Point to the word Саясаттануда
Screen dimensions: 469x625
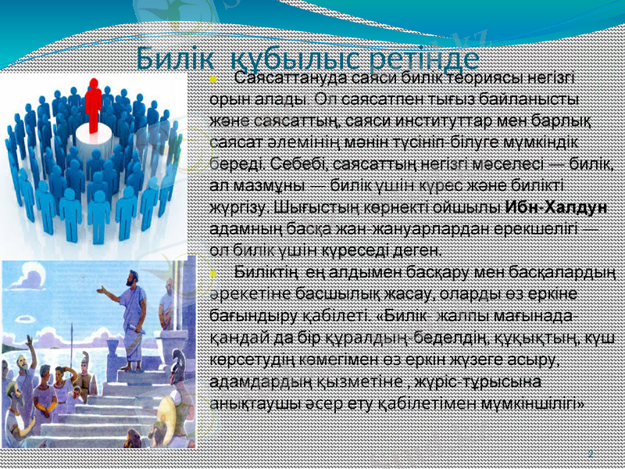[292, 79]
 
